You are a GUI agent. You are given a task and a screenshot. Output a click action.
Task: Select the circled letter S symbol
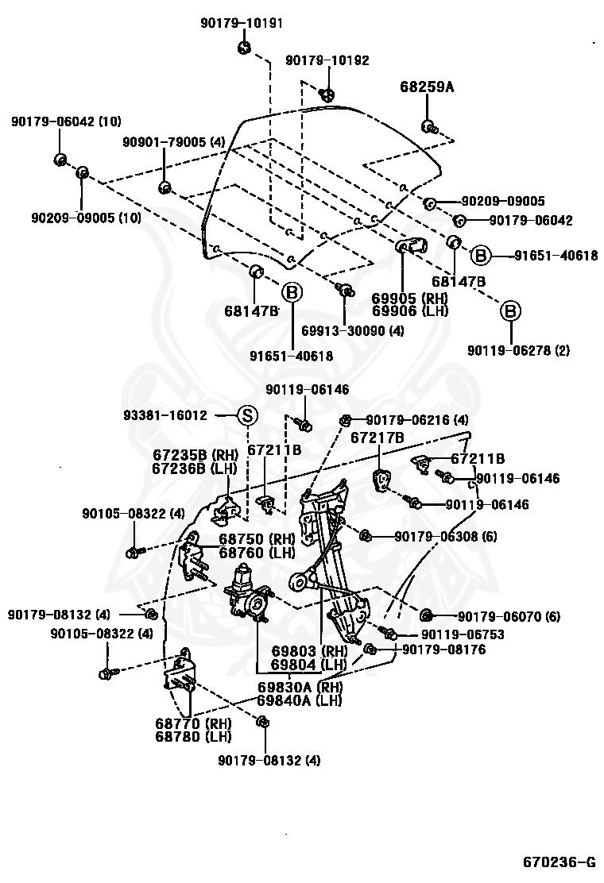pyautogui.click(x=247, y=415)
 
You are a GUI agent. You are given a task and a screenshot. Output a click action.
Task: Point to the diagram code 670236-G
pyautogui.click(x=559, y=862)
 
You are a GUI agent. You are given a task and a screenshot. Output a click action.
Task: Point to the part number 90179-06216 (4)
pyautogui.click(x=416, y=419)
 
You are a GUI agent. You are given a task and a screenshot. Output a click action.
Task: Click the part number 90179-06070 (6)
pyautogui.click(x=509, y=616)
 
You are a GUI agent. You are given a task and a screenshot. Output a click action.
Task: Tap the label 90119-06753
pyautogui.click(x=463, y=634)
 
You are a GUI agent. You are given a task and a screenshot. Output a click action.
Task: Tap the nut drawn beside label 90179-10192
pyautogui.click(x=327, y=94)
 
